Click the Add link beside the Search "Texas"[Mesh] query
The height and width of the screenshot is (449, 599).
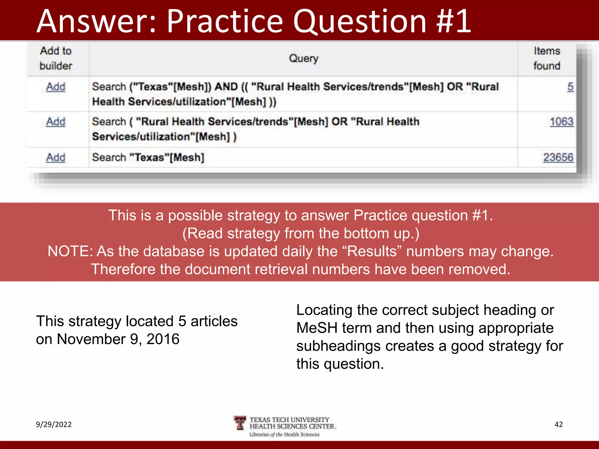coord(56,158)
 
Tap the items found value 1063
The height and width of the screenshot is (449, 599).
coord(561,122)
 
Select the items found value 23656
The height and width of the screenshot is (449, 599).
coord(558,158)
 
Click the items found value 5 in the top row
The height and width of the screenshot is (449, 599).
coord(570,87)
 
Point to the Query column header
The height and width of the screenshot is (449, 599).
coord(303,58)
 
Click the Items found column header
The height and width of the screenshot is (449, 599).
coord(547,58)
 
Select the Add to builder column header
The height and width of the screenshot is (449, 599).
coord(56,58)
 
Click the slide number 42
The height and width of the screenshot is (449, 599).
coord(558,424)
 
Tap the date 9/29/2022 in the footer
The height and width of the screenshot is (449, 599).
coord(54,424)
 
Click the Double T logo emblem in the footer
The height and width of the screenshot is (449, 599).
coord(240,423)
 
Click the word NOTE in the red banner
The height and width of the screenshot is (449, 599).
coord(69,251)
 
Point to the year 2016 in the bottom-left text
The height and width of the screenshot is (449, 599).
coord(163,339)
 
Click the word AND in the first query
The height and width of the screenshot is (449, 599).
coord(226,87)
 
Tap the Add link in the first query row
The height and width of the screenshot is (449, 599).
coord(56,87)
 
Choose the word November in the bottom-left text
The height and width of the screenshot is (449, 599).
coord(91,339)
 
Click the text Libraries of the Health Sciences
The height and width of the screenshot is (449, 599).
coord(284,435)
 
